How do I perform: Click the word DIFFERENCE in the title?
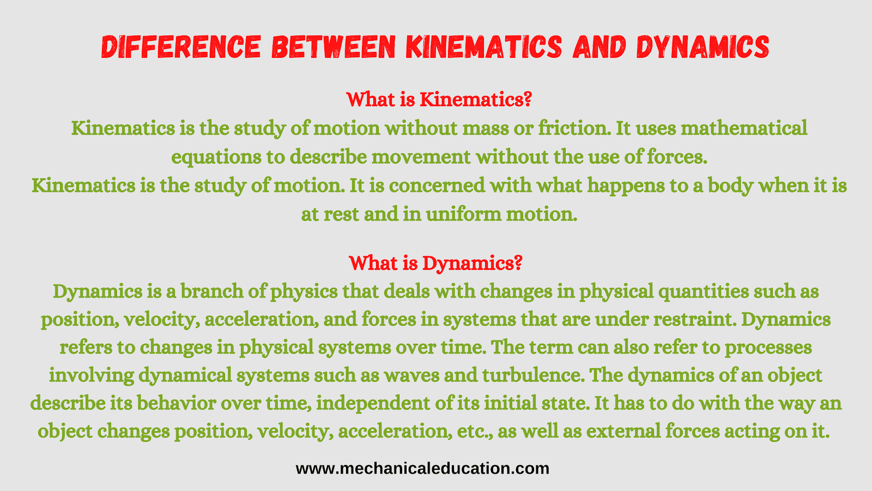tap(181, 47)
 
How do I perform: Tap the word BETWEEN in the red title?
tap(334, 47)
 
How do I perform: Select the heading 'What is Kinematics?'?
tap(439, 100)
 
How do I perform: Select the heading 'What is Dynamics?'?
tap(435, 264)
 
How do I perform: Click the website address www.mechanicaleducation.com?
tap(422, 469)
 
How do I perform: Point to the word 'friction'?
tap(574, 128)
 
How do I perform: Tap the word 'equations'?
tap(216, 158)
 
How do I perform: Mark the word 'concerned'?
tap(437, 185)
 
